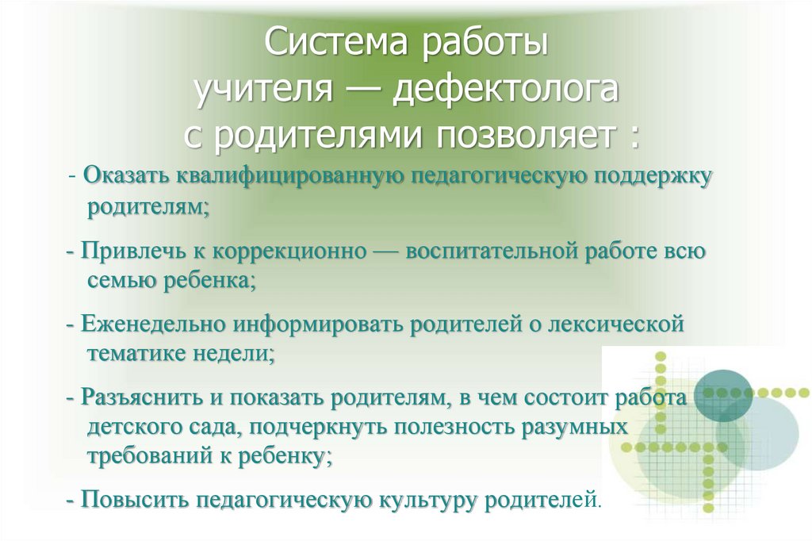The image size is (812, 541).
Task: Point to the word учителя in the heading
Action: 262,90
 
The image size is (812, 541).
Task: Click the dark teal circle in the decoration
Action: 722,395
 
